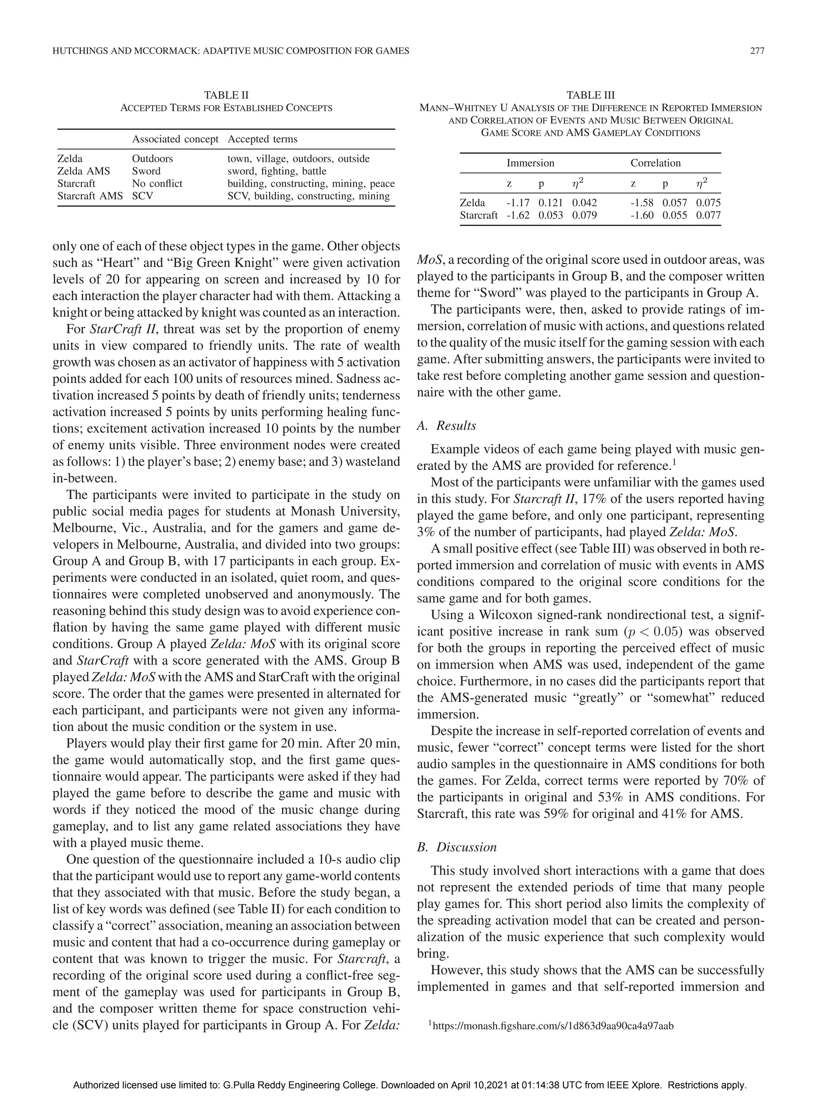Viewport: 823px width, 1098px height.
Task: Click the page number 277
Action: click(x=757, y=51)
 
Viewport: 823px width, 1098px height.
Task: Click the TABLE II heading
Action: click(x=226, y=95)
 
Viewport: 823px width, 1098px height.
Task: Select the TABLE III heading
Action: click(x=590, y=95)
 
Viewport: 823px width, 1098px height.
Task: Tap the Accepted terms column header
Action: click(x=262, y=139)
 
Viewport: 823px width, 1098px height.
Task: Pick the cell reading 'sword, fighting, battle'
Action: click(x=277, y=171)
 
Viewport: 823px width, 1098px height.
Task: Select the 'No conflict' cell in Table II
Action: click(x=157, y=184)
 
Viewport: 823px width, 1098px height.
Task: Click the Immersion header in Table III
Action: click(x=530, y=163)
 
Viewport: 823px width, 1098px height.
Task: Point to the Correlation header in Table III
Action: click(x=655, y=163)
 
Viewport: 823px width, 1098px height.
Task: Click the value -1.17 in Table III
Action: click(x=518, y=203)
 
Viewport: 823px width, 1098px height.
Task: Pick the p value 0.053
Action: click(x=551, y=215)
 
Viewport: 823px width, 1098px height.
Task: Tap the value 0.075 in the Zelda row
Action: click(x=708, y=203)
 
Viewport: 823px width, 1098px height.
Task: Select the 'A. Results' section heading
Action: click(x=446, y=425)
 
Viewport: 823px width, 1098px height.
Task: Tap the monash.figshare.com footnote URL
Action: click(x=553, y=1026)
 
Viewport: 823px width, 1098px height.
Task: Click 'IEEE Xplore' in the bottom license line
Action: click(x=635, y=1085)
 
